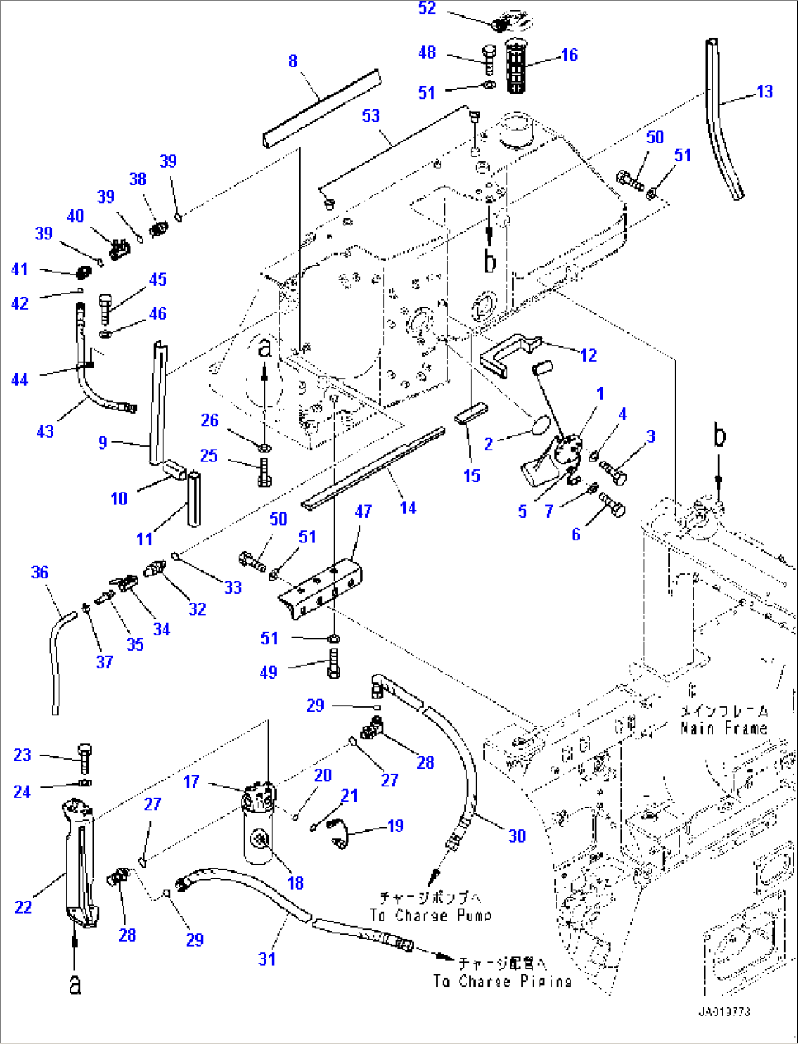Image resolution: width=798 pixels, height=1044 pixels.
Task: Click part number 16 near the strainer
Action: click(x=569, y=55)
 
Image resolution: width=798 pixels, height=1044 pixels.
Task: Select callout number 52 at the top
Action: click(x=427, y=9)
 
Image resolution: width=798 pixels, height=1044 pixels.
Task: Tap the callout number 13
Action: click(x=764, y=92)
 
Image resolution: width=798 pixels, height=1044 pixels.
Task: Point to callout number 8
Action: click(x=293, y=61)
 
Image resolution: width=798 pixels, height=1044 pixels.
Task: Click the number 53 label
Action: click(x=371, y=116)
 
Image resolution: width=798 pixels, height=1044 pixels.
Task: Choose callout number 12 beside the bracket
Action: click(x=589, y=355)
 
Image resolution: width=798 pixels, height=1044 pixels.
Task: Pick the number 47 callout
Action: click(x=363, y=512)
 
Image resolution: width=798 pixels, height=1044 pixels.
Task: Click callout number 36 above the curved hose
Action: click(x=40, y=573)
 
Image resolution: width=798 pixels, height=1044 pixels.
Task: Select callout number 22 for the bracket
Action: click(x=23, y=907)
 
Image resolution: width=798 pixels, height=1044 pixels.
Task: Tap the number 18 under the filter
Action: click(x=295, y=883)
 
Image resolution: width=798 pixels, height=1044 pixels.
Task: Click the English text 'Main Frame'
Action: click(x=723, y=728)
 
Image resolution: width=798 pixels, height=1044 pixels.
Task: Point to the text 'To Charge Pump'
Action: click(x=430, y=915)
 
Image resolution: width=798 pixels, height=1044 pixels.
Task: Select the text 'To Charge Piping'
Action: click(x=501, y=981)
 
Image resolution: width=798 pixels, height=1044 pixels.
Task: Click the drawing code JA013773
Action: click(x=723, y=1012)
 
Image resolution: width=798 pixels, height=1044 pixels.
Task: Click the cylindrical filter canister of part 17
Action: click(x=258, y=838)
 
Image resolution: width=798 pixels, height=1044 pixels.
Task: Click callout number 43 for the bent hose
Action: click(x=45, y=431)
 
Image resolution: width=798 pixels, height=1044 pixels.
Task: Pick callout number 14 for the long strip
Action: click(x=408, y=507)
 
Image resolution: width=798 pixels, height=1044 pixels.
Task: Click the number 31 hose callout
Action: click(x=266, y=959)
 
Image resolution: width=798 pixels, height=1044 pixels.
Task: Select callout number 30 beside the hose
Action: click(x=517, y=836)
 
